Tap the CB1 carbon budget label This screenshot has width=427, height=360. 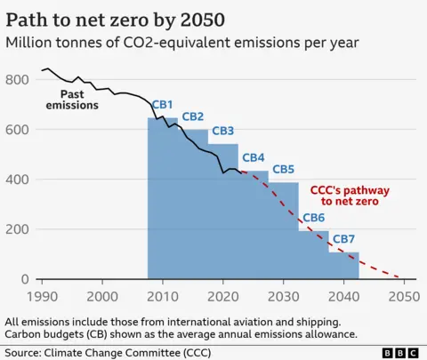(162, 104)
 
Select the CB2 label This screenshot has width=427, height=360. (193, 116)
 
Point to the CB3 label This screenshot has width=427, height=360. (223, 132)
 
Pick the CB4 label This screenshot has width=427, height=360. (254, 157)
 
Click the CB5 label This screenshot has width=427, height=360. (284, 169)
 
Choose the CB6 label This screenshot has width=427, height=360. (314, 218)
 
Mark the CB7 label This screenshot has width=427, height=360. (344, 239)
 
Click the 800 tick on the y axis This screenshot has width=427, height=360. (18, 79)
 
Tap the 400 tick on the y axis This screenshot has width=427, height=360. (18, 180)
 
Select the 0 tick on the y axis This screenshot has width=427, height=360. (25, 279)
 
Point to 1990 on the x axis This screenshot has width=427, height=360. (41, 296)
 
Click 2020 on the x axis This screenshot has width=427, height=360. (222, 296)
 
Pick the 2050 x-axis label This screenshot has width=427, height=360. (404, 296)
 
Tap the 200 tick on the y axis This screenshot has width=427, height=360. (18, 229)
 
